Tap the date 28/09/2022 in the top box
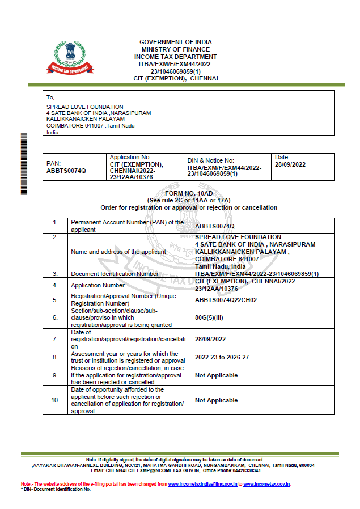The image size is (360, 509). pyautogui.click(x=290, y=164)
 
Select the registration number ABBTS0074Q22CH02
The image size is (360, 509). pyautogui.click(x=226, y=300)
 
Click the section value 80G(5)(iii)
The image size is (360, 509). pyautogui.click(x=209, y=318)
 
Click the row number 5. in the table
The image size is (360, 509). pyautogui.click(x=56, y=300)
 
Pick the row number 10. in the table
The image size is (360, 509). pyautogui.click(x=56, y=400)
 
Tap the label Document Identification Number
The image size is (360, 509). pyautogui.click(x=115, y=274)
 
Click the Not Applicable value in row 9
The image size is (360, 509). pyautogui.click(x=216, y=375)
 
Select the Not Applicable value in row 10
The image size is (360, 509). pyautogui.click(x=216, y=400)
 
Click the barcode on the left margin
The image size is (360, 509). pyautogui.click(x=24, y=164)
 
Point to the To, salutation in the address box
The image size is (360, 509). pyautogui.click(x=50, y=97)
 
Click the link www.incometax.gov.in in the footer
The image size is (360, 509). pyautogui.click(x=266, y=484)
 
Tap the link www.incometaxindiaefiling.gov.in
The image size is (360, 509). pyautogui.click(x=202, y=484)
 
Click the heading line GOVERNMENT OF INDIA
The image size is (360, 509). pyautogui.click(x=176, y=43)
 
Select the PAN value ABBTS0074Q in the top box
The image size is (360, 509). pyautogui.click(x=66, y=170)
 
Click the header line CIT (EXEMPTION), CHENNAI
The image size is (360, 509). pyautogui.click(x=176, y=78)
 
